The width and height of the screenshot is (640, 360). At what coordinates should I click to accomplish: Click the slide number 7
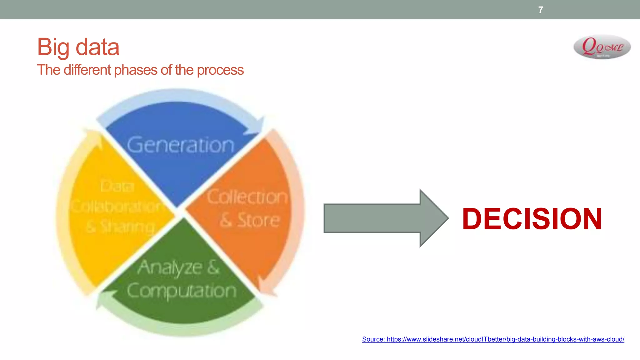(x=540, y=10)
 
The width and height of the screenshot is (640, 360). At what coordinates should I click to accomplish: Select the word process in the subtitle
(x=220, y=70)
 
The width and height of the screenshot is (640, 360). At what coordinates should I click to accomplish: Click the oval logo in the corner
(x=602, y=47)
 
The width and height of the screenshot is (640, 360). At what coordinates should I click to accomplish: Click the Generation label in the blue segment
(x=181, y=145)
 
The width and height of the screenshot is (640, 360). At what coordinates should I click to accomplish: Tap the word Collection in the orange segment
(x=247, y=197)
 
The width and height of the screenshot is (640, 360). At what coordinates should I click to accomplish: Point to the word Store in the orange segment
(x=258, y=220)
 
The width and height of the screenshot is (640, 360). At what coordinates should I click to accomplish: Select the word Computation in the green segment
(x=182, y=291)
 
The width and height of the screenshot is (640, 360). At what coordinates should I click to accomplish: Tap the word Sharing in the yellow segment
(x=127, y=227)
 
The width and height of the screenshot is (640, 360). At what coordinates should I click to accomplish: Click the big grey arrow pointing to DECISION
(x=386, y=218)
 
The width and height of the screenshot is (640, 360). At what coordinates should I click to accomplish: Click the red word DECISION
(x=532, y=219)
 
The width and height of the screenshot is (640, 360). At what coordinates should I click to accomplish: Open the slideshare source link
(x=493, y=339)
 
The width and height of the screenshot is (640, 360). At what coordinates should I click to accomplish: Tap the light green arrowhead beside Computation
(x=105, y=298)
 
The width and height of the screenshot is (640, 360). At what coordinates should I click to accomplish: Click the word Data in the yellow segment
(x=117, y=187)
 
